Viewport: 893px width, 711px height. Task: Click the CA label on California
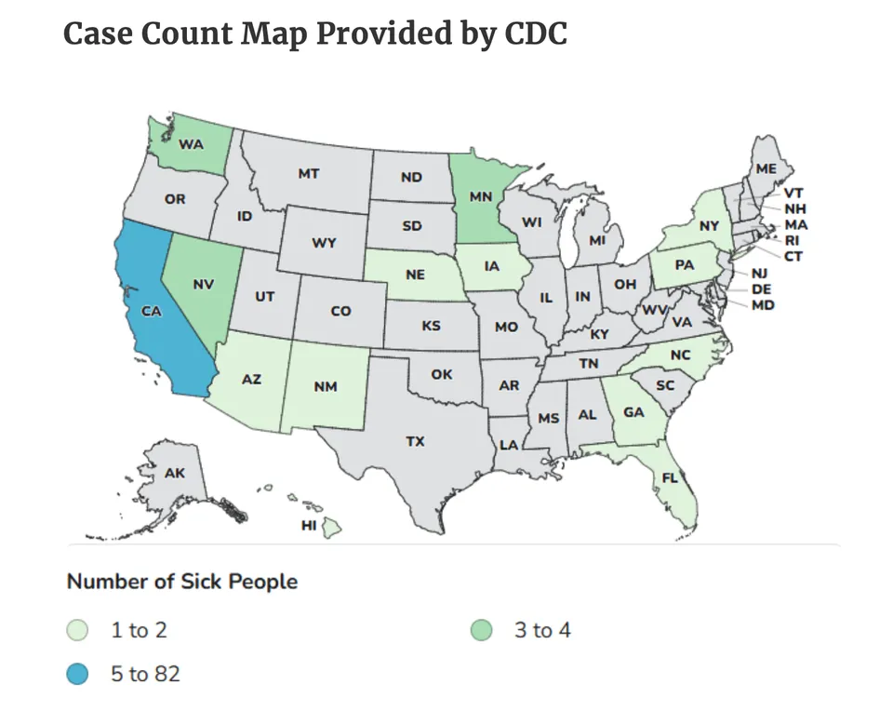[153, 312]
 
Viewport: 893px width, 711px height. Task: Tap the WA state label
[191, 144]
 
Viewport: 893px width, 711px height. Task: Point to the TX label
[415, 441]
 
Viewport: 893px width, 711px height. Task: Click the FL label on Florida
[670, 478]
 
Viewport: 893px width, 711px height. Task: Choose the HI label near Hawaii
[309, 526]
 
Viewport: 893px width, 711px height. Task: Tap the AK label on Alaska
[174, 473]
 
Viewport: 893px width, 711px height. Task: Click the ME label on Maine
[766, 168]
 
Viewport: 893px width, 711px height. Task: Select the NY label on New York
[710, 225]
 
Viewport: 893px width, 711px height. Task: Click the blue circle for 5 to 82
[79, 672]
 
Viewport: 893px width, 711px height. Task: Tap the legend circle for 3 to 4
[483, 631]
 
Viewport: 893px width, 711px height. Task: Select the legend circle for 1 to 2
[79, 631]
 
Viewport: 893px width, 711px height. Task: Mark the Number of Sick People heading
[182, 582]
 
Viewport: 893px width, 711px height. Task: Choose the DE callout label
[761, 289]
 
